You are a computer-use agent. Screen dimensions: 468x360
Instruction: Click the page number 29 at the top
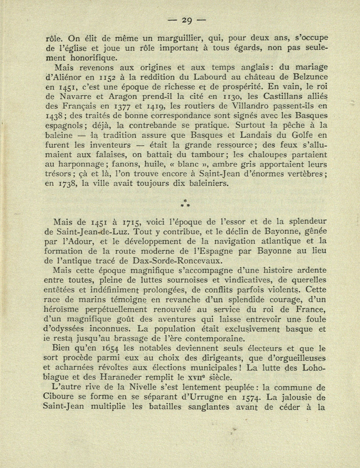point(187,21)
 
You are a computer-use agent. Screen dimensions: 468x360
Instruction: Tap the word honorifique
point(94,58)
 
